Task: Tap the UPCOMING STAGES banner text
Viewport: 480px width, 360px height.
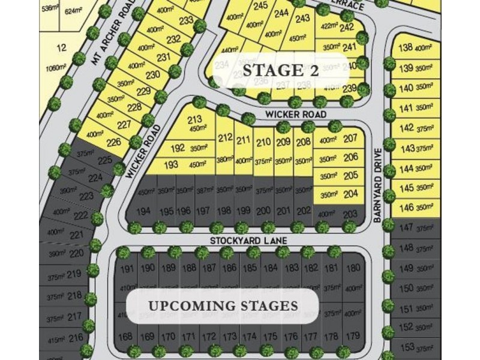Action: (223, 306)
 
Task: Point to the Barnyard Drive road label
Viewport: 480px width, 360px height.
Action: (377, 187)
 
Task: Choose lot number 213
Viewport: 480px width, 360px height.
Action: (194, 119)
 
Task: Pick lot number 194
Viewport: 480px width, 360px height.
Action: (144, 211)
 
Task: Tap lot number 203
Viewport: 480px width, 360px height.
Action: (350, 214)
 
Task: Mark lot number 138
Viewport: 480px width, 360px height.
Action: (406, 48)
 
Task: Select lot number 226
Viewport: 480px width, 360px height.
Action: (113, 142)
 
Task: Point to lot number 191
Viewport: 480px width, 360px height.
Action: (127, 268)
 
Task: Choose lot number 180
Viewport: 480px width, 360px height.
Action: (354, 268)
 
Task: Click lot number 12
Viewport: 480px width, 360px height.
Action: (61, 48)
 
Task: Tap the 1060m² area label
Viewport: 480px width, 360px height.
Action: (55, 68)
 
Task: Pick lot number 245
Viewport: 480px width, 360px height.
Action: (260, 6)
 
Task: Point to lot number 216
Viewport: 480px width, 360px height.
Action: (76, 338)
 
